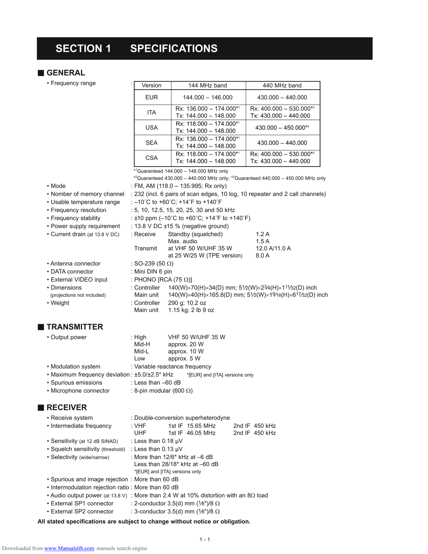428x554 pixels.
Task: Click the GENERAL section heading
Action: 65,73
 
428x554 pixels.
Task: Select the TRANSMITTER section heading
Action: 75,327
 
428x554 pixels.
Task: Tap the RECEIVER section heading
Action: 67,408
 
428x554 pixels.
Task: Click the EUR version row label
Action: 151,97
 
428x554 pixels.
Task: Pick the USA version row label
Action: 151,128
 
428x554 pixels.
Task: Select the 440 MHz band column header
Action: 282,86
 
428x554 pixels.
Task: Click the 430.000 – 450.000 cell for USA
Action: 282,128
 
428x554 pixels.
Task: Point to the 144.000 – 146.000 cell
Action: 208,97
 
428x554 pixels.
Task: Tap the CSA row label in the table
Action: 151,158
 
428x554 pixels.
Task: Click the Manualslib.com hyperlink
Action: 69,548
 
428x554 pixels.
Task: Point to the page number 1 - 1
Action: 205,539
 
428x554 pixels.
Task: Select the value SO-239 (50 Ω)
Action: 154,264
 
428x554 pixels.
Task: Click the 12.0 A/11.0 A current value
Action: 273,249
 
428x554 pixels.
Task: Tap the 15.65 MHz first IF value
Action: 201,426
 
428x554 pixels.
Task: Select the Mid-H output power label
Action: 142,344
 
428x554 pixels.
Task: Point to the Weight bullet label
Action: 60,303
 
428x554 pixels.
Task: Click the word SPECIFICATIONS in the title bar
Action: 174,49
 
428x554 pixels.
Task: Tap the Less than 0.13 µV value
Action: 158,449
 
